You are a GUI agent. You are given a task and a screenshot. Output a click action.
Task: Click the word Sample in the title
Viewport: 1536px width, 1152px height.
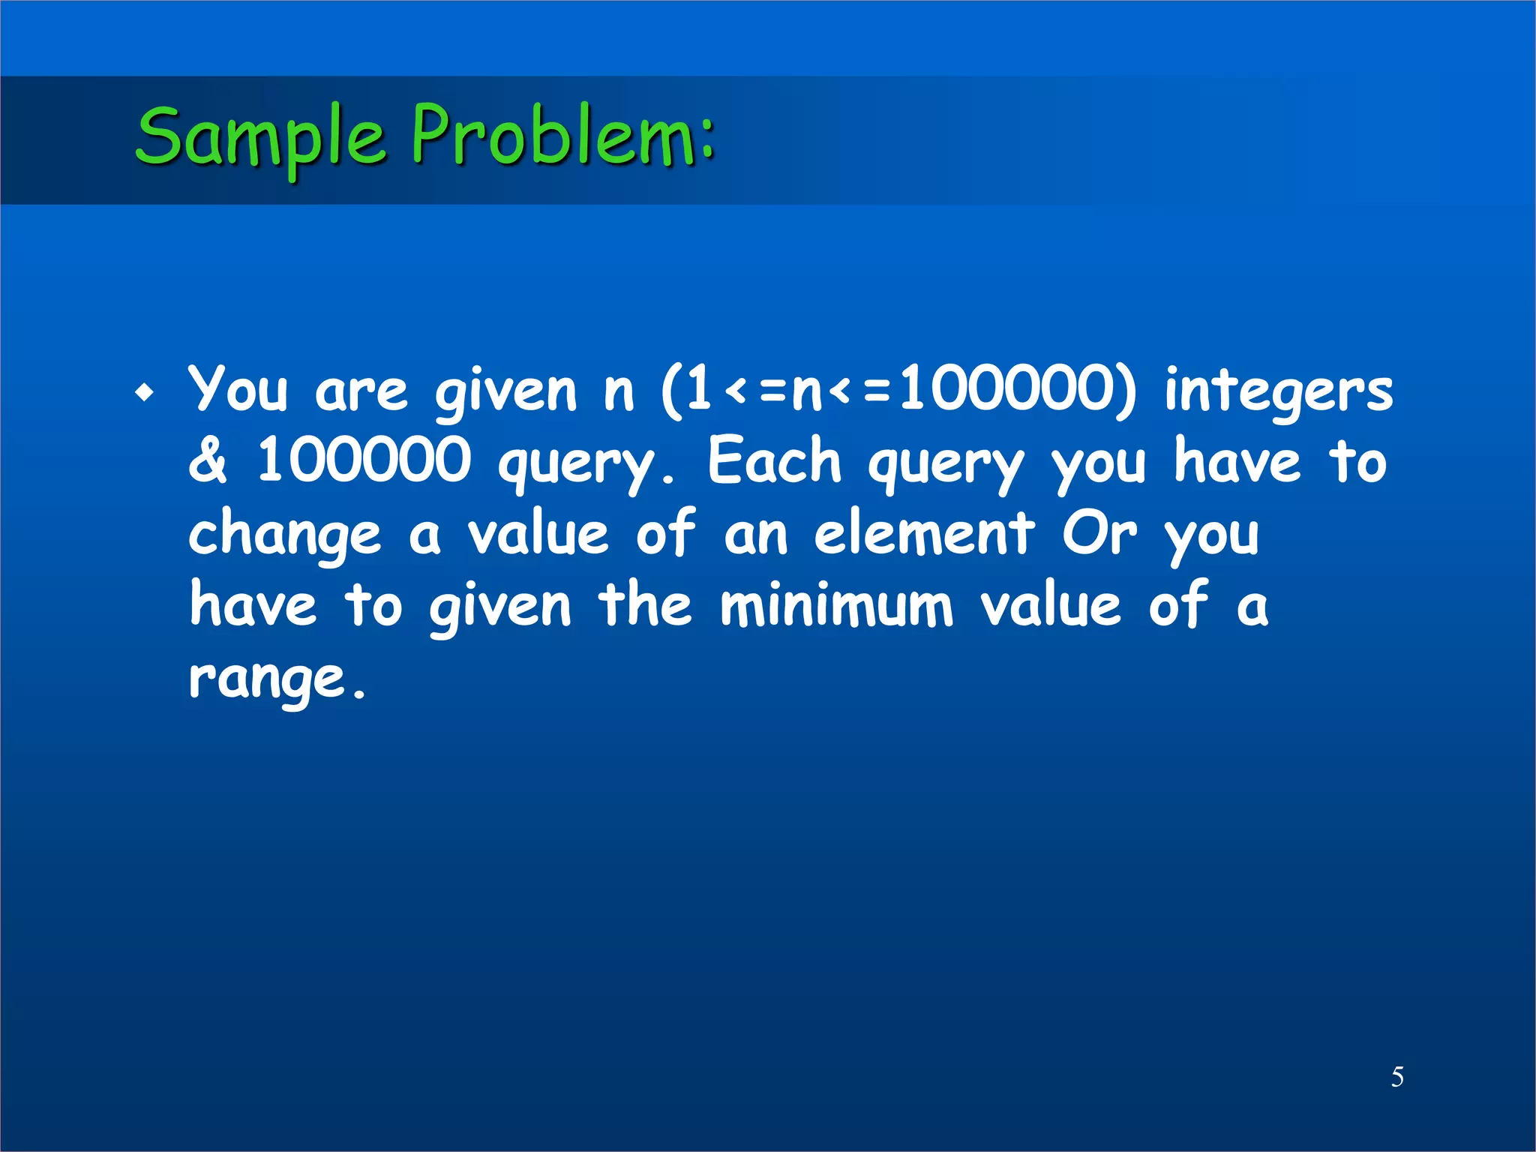(x=260, y=137)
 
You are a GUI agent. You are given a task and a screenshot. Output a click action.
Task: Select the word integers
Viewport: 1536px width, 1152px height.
(x=1278, y=392)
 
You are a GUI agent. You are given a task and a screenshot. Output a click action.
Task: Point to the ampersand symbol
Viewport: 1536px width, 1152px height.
(x=207, y=460)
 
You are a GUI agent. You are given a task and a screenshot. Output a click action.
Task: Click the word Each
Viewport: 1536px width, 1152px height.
(x=775, y=461)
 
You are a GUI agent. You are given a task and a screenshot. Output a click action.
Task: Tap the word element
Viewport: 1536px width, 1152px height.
(x=923, y=533)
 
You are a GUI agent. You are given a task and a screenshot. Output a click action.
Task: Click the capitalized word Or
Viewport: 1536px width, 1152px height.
(x=1099, y=533)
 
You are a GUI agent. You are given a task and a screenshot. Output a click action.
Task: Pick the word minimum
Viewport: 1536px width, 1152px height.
(x=836, y=605)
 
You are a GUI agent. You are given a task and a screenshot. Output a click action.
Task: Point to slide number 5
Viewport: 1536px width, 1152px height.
(x=1397, y=1077)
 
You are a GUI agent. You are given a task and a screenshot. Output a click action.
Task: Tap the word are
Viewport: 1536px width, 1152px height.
(x=361, y=392)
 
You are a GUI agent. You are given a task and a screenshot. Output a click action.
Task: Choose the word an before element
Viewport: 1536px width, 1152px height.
(x=755, y=535)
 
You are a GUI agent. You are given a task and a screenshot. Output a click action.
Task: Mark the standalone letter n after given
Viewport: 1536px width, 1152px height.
(x=619, y=392)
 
